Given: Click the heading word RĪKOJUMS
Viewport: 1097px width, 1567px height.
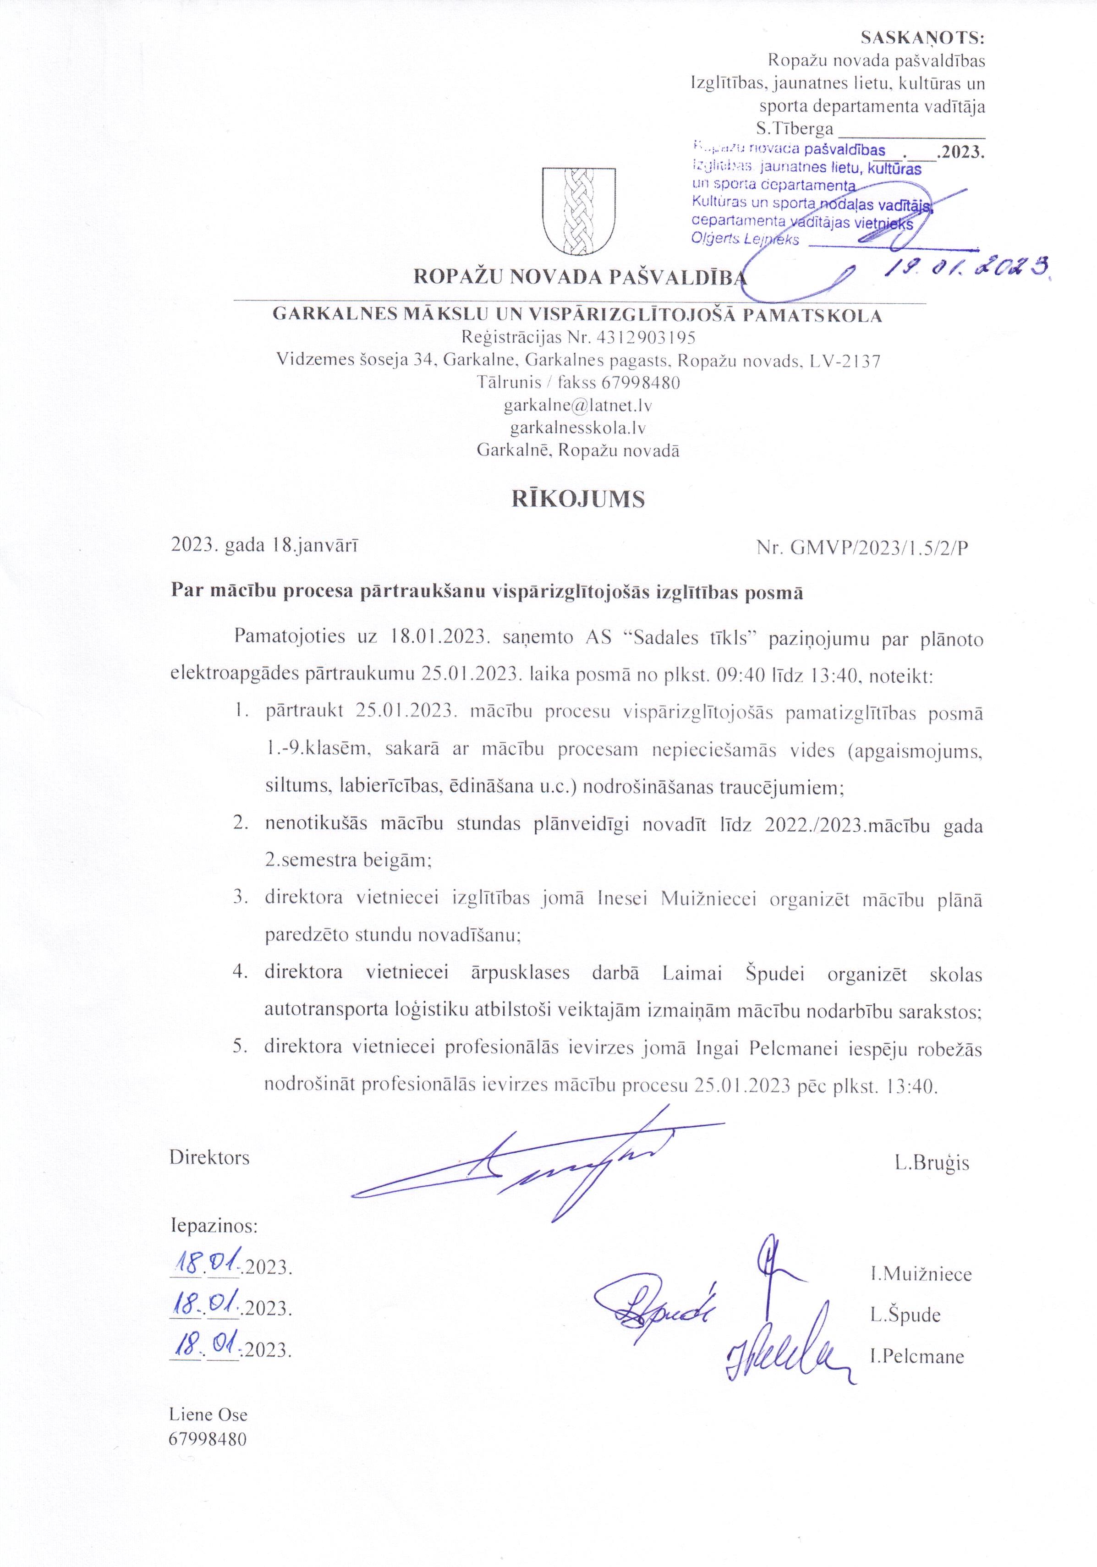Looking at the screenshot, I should pos(578,499).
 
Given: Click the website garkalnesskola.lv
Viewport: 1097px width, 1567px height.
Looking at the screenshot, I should pos(578,428).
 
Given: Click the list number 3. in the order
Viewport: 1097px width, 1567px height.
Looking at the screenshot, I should pos(240,899).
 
